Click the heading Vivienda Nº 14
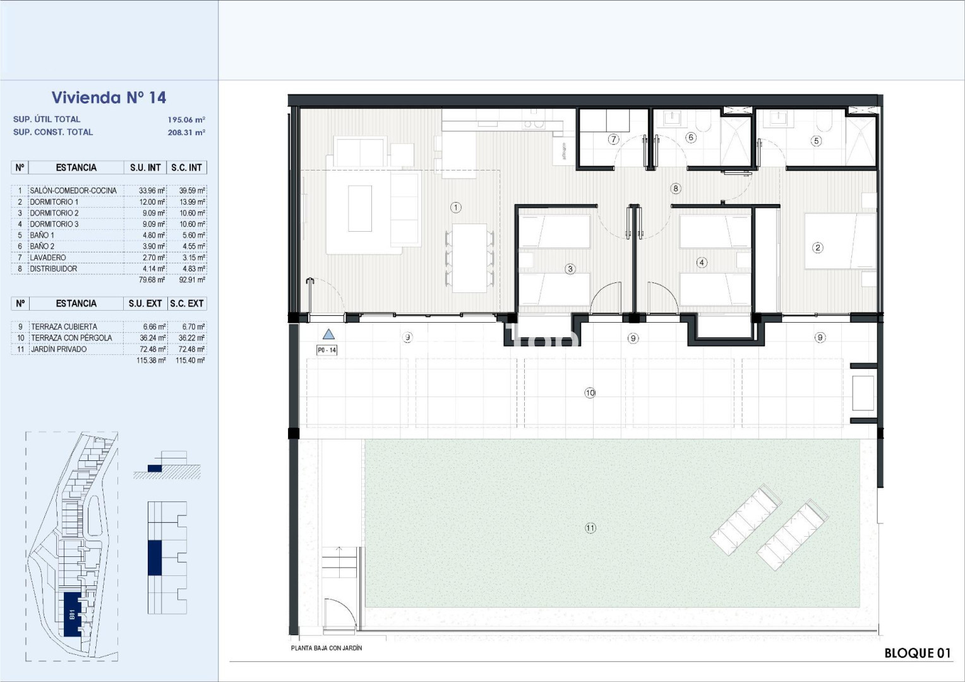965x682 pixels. (109, 97)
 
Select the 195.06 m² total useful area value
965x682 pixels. (186, 120)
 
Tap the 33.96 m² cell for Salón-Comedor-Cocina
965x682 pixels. (152, 191)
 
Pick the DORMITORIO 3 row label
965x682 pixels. (54, 224)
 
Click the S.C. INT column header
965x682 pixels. (186, 167)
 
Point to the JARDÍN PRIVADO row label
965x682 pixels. (59, 349)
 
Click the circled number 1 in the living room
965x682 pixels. (456, 208)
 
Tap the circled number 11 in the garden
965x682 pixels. (590, 528)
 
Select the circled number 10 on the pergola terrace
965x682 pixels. (590, 393)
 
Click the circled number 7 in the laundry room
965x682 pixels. (613, 139)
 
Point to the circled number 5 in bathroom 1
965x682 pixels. (816, 141)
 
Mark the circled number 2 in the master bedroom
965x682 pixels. (817, 248)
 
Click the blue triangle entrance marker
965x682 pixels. (328, 334)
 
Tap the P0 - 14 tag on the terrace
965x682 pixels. (327, 350)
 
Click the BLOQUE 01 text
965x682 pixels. (917, 653)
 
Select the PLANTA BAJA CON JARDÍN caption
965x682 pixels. (326, 648)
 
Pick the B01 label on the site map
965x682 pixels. (72, 614)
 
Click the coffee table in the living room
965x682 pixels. (360, 208)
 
